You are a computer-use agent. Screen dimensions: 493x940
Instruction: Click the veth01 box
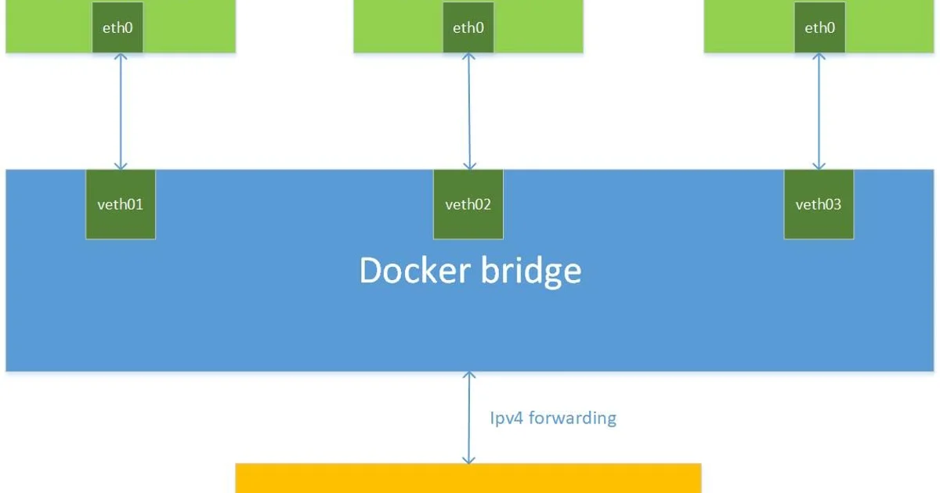(x=120, y=204)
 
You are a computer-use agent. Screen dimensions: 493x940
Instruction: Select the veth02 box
(x=468, y=204)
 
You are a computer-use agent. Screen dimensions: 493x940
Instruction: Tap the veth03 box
(x=819, y=204)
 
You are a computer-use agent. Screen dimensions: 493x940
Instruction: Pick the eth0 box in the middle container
(x=468, y=27)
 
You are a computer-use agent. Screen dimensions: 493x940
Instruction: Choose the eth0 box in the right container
(x=819, y=27)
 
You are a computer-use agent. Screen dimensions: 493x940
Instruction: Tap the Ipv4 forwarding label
(x=553, y=418)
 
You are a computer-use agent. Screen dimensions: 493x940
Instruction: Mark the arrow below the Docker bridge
(x=468, y=418)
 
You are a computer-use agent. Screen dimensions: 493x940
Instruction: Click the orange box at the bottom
(x=468, y=478)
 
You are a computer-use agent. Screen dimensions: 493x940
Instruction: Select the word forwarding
(x=573, y=418)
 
